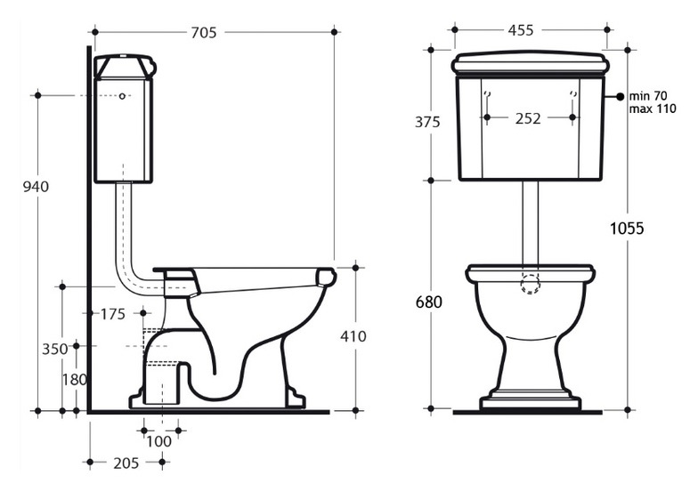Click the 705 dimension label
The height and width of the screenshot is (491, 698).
204,32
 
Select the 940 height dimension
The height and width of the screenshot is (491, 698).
36,187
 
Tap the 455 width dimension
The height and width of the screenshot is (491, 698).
520,30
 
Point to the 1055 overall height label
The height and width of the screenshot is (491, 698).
627,228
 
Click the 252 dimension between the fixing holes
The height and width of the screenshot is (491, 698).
528,118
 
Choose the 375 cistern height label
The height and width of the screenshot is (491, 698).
427,121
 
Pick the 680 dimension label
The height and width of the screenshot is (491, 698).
429,302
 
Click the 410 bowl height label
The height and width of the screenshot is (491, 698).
353,336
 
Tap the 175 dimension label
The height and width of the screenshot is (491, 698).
113,315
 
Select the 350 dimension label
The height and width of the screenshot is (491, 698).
55,349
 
